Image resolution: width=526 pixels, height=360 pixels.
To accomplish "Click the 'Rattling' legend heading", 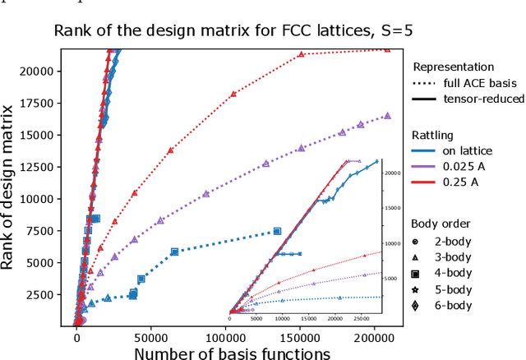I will click(x=432, y=135).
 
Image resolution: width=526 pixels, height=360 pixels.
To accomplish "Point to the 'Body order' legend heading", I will click(x=441, y=223).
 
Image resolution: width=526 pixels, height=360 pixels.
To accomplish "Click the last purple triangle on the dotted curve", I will click(x=387, y=116).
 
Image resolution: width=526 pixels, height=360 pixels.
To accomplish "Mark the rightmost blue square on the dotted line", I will click(x=277, y=231).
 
